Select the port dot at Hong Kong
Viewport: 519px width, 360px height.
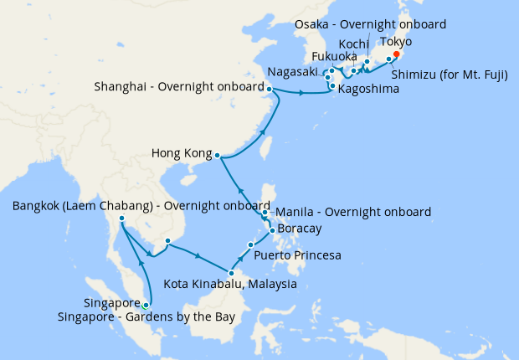217,155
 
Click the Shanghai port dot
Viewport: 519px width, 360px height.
270,89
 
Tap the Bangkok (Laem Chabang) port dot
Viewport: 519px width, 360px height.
122,219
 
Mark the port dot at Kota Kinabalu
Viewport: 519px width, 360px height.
231,272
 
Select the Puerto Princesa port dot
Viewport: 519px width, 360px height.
250,244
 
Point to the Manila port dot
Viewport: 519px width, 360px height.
265,213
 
